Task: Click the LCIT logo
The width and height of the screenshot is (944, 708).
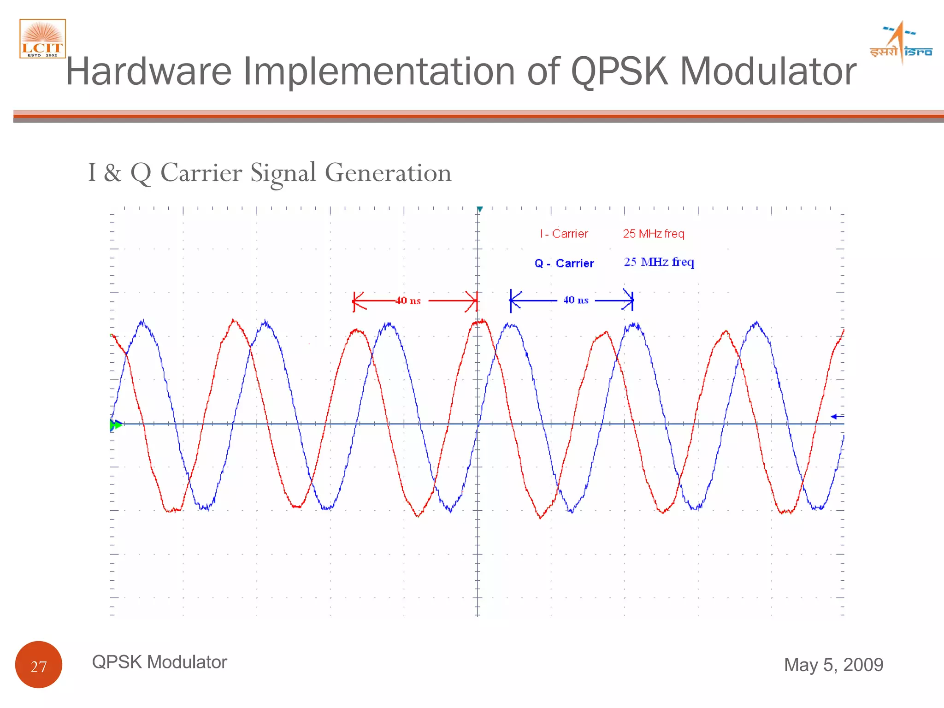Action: pos(42,39)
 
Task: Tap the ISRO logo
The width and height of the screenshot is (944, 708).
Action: pos(901,43)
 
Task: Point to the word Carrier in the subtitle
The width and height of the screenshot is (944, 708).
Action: pos(201,173)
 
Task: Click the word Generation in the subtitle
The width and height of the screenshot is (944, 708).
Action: pos(388,173)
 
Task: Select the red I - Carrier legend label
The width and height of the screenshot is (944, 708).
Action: pos(564,234)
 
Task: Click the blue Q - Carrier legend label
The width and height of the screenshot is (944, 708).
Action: pos(564,263)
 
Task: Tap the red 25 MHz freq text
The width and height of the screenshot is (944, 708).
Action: pos(653,234)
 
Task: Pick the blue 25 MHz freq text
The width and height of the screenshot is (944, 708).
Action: pos(659,262)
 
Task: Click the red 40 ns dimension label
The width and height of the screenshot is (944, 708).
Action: pos(408,301)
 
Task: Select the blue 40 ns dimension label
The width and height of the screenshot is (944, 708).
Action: pos(576,300)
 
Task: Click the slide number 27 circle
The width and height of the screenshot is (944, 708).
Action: pos(39,665)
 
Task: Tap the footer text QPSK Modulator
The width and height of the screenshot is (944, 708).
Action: pos(159,662)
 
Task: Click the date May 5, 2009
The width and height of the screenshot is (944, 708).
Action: pos(833,665)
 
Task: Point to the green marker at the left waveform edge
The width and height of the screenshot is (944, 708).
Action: pos(116,425)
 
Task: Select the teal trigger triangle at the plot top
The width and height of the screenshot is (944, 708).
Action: pos(479,210)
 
